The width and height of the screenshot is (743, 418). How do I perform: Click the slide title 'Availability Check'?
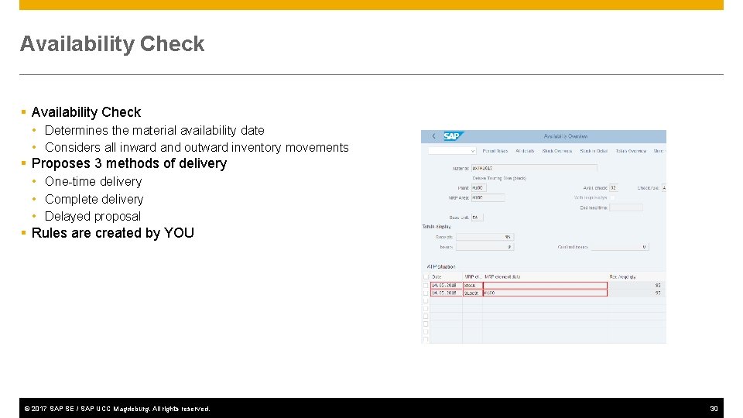(112, 44)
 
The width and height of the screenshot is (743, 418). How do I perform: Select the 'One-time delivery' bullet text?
(93, 181)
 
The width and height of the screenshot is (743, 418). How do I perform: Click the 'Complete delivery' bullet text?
(94, 199)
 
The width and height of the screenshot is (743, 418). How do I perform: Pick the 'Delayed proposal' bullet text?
(92, 216)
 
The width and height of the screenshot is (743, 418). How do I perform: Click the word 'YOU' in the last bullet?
(179, 233)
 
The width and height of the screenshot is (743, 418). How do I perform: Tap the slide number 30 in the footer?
(714, 408)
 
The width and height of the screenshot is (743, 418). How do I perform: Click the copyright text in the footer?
(117, 408)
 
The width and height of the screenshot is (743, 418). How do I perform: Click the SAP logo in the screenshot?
(451, 136)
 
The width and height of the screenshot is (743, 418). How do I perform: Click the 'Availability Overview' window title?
(566, 136)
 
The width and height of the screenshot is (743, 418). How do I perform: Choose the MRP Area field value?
(488, 197)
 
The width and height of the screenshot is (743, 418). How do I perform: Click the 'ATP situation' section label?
(441, 266)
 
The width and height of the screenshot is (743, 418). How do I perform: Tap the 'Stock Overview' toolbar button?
(556, 151)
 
